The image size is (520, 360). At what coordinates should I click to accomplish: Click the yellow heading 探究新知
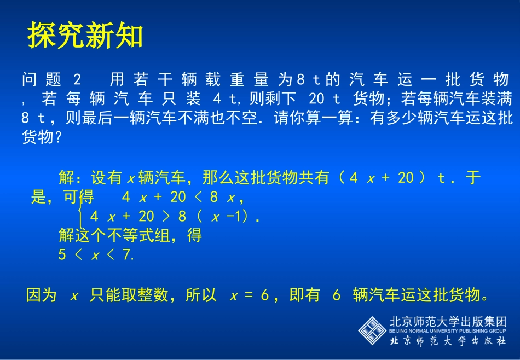(x=85, y=36)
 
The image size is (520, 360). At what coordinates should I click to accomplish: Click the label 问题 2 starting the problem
(x=51, y=80)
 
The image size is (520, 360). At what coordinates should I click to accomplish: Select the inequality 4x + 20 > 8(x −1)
(x=175, y=217)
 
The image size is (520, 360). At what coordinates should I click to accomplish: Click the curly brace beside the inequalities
(x=81, y=208)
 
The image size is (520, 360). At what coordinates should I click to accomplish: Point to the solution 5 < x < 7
(x=96, y=255)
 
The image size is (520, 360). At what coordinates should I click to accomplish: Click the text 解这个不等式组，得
(x=130, y=236)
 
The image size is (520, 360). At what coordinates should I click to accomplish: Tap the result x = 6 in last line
(x=250, y=296)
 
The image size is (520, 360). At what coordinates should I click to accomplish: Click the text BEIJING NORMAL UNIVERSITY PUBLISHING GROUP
(x=447, y=331)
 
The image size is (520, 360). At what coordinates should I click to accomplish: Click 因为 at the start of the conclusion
(x=42, y=296)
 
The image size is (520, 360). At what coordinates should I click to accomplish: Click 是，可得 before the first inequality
(x=62, y=197)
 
